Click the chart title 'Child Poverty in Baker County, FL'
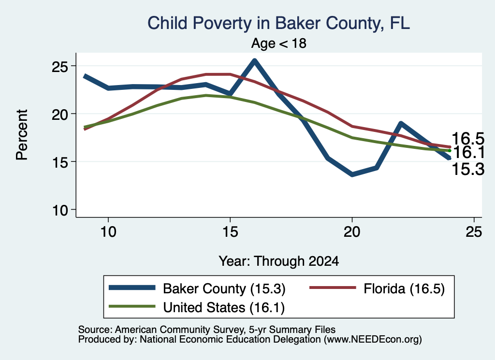(279, 23)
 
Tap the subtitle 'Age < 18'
(279, 43)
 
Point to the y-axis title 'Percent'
(22, 135)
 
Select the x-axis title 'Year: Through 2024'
(279, 261)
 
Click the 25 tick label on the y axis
(60, 66)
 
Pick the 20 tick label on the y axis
(60, 114)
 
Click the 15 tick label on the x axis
(230, 232)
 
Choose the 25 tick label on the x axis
(474, 232)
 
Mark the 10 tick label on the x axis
(108, 232)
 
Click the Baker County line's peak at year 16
(254, 60)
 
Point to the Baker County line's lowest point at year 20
(352, 174)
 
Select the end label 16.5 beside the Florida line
(468, 139)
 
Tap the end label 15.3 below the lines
(468, 169)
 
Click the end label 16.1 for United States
(469, 152)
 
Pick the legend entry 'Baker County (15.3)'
(224, 288)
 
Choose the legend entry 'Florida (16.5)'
(404, 288)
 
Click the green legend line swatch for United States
(132, 306)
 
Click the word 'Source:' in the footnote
(95, 330)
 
